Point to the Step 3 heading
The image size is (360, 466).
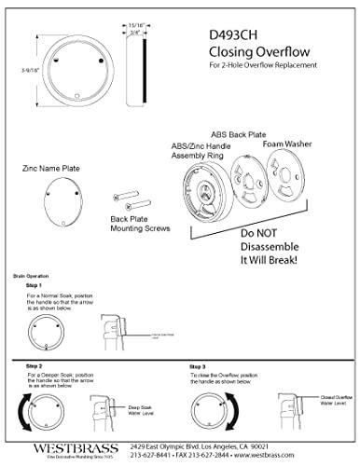click(198, 367)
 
